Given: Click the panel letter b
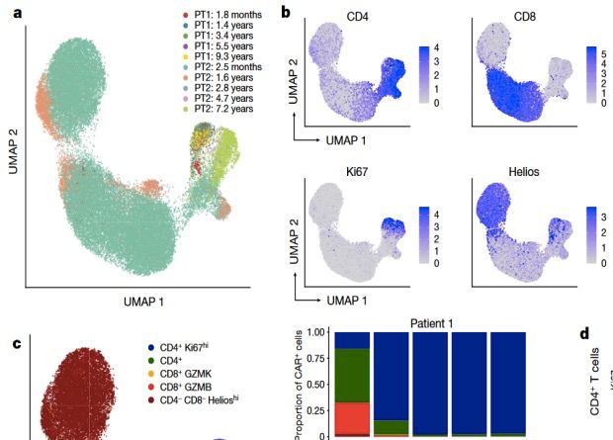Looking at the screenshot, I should [286, 13].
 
